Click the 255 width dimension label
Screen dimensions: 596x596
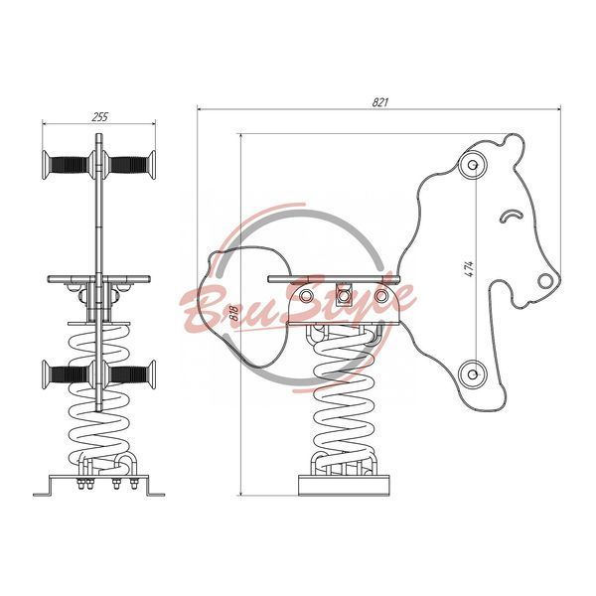click(x=100, y=116)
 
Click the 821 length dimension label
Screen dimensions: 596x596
click(x=380, y=102)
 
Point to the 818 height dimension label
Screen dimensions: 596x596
click(x=235, y=314)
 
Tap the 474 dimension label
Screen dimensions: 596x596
click(x=470, y=269)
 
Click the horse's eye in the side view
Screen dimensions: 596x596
click(x=511, y=216)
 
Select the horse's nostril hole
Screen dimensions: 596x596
click(x=545, y=281)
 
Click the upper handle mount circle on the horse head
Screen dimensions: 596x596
click(x=473, y=165)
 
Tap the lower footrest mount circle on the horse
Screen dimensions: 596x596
click(x=473, y=374)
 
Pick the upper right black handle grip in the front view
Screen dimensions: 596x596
click(x=128, y=165)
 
